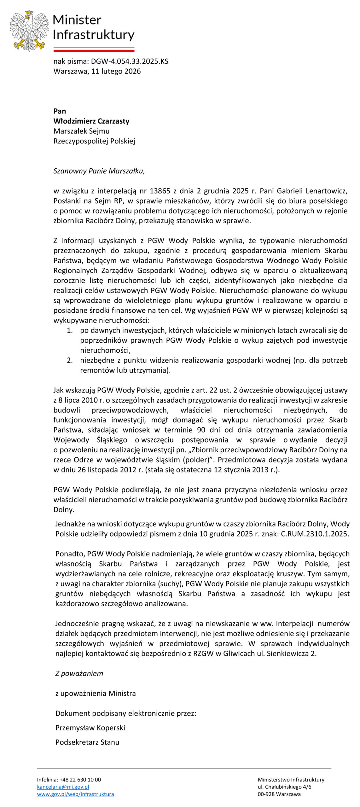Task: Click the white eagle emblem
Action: [x=29, y=30]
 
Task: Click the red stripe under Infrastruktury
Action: [x=94, y=50]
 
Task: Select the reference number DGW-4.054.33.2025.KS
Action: [x=130, y=61]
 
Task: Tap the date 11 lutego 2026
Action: [x=116, y=71]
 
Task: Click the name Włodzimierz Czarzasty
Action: [x=91, y=121]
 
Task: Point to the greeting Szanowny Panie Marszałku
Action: [x=99, y=171]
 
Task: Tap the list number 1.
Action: [x=70, y=330]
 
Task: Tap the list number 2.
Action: [x=70, y=360]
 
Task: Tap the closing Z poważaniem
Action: [x=79, y=674]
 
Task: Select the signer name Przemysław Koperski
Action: [x=90, y=728]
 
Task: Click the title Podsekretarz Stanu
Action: [x=87, y=742]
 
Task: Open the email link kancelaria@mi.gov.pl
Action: [x=63, y=787]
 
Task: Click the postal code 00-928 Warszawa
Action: [x=279, y=794]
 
